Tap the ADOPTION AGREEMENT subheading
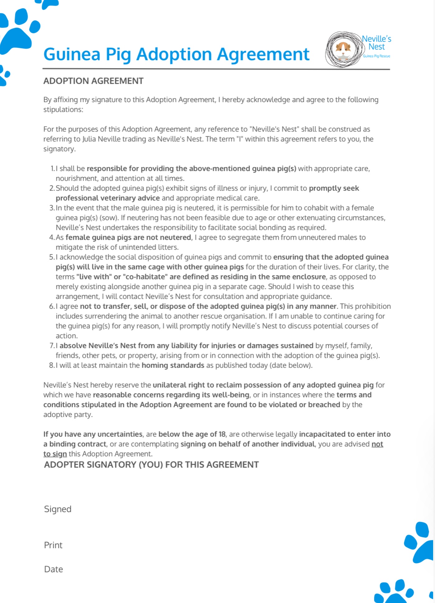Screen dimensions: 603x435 point(93,81)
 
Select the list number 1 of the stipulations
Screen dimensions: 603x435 point(52,169)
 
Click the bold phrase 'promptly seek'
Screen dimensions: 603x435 point(334,188)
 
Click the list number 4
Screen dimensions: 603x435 point(52,237)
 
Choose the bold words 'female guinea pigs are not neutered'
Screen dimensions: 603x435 point(128,237)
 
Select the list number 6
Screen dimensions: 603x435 point(52,306)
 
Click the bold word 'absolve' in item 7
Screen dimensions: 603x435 point(73,345)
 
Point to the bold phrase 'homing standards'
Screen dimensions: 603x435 point(173,365)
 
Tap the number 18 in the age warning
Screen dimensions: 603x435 point(222,434)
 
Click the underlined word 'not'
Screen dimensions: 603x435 point(377,444)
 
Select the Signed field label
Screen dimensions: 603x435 point(58,509)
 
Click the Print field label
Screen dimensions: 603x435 point(53,545)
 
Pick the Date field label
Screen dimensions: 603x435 point(54,569)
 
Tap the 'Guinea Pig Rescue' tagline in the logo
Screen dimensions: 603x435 point(376,56)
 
